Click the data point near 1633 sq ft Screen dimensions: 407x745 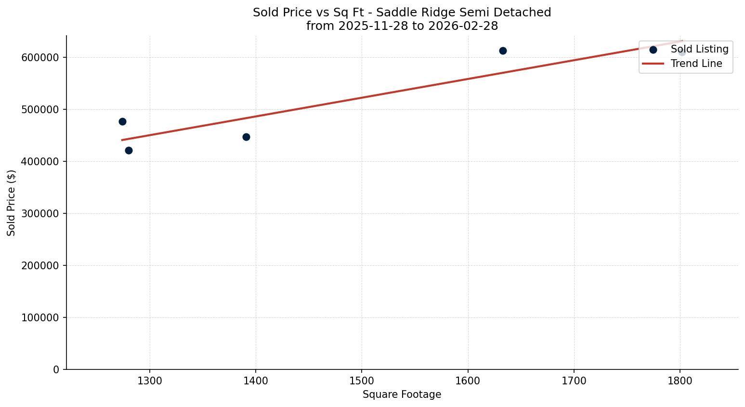tap(503, 51)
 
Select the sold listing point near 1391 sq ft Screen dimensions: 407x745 tap(246, 137)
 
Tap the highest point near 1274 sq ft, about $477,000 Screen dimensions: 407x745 tap(122, 121)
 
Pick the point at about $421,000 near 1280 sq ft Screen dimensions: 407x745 tap(129, 150)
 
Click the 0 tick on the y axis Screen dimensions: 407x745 tap(56, 369)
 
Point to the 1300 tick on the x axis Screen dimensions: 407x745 tap(150, 381)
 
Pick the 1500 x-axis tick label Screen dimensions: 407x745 tap(362, 381)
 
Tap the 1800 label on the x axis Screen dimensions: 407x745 tap(680, 381)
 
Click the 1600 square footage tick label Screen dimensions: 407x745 tap(468, 381)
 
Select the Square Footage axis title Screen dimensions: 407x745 tap(402, 394)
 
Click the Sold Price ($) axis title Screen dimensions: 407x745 tap(12, 203)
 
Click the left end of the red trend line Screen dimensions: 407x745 tap(122, 140)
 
